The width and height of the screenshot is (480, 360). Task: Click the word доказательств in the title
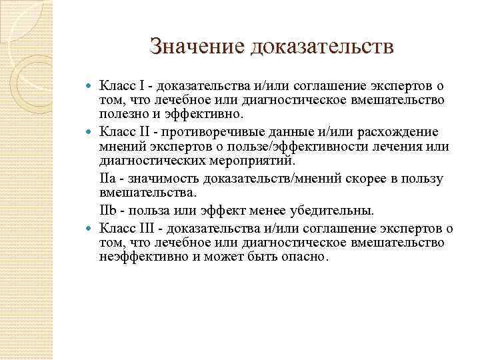tap(323, 47)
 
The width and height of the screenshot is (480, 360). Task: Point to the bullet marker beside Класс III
tap(91, 229)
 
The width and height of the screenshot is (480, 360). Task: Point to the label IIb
tap(108, 211)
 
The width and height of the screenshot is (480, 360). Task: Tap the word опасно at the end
tap(309, 256)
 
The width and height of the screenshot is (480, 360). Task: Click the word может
tap(210, 256)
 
